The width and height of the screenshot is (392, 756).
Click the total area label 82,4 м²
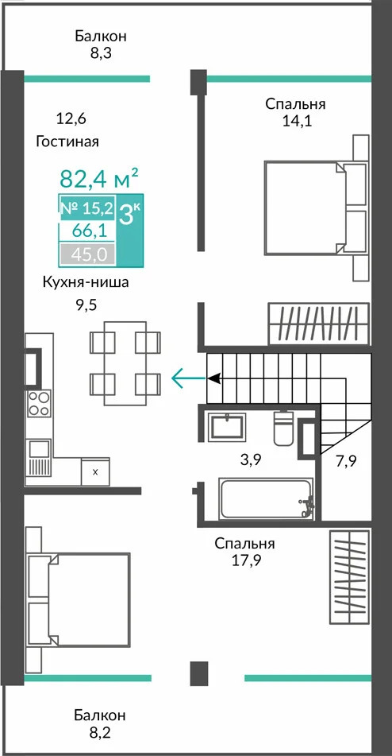pyautogui.click(x=99, y=178)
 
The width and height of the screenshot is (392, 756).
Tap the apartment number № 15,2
pyautogui.click(x=87, y=208)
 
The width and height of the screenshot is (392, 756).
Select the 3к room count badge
pyautogui.click(x=129, y=214)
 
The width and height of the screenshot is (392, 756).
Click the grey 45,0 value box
pyautogui.click(x=87, y=254)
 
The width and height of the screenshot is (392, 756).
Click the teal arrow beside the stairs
pyautogui.click(x=189, y=378)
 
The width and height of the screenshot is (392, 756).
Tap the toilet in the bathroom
pyautogui.click(x=282, y=428)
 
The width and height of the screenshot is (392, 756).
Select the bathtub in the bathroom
pyautogui.click(x=266, y=499)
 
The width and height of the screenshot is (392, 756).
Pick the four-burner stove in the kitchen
pyautogui.click(x=38, y=404)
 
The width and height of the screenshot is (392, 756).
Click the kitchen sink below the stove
pyautogui.click(x=39, y=458)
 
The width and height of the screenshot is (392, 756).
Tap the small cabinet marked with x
pyautogui.click(x=95, y=471)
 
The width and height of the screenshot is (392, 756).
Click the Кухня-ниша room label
pyautogui.click(x=86, y=282)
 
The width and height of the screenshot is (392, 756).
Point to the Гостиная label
pyautogui.click(x=67, y=142)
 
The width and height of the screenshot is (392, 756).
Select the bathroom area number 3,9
pyautogui.click(x=251, y=459)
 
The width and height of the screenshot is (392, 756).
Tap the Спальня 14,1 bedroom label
pyautogui.click(x=296, y=112)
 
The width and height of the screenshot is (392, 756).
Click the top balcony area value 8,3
pyautogui.click(x=101, y=53)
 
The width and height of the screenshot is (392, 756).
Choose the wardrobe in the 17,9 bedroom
pyautogui.click(x=350, y=576)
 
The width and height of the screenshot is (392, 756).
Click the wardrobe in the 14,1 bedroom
pyautogui.click(x=319, y=324)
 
